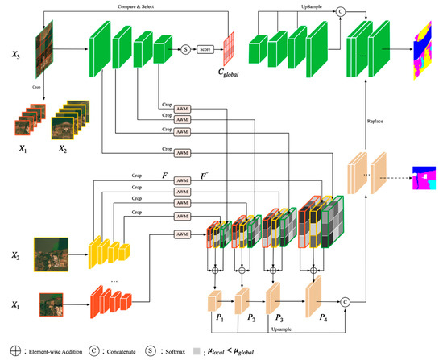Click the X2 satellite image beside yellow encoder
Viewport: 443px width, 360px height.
[50, 253]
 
